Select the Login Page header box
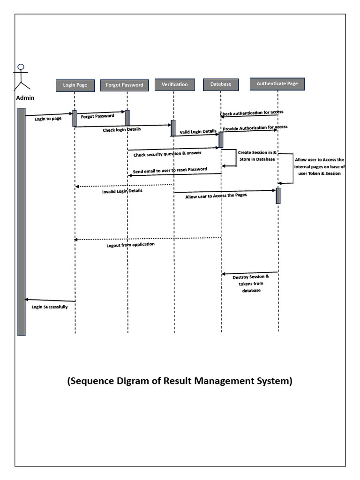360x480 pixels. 75,85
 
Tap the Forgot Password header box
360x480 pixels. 125,85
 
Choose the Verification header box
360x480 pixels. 174,84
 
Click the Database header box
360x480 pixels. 220,84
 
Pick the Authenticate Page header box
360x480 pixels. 277,84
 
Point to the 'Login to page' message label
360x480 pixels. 48,119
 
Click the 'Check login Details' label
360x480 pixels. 121,129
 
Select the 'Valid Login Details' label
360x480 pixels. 198,132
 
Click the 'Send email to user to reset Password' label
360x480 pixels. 170,170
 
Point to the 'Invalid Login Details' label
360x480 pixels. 122,191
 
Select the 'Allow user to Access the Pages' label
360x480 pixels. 216,196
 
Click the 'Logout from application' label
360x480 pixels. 130,245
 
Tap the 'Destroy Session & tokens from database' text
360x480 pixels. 251,284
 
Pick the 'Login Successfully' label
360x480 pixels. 50,307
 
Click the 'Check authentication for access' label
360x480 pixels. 252,113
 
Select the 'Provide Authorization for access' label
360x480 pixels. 255,127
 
